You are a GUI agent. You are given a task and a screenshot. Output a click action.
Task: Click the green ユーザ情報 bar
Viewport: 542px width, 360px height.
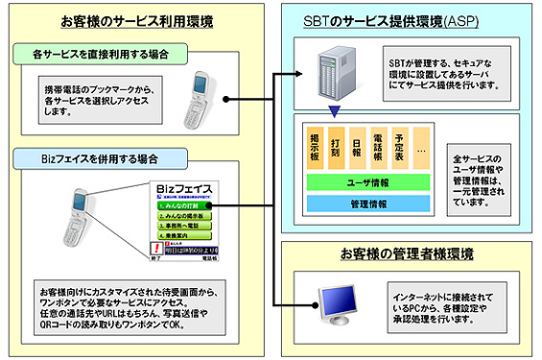[x=365, y=180]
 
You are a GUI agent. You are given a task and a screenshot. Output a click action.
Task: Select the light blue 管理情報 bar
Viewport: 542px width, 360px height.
[x=365, y=204]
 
